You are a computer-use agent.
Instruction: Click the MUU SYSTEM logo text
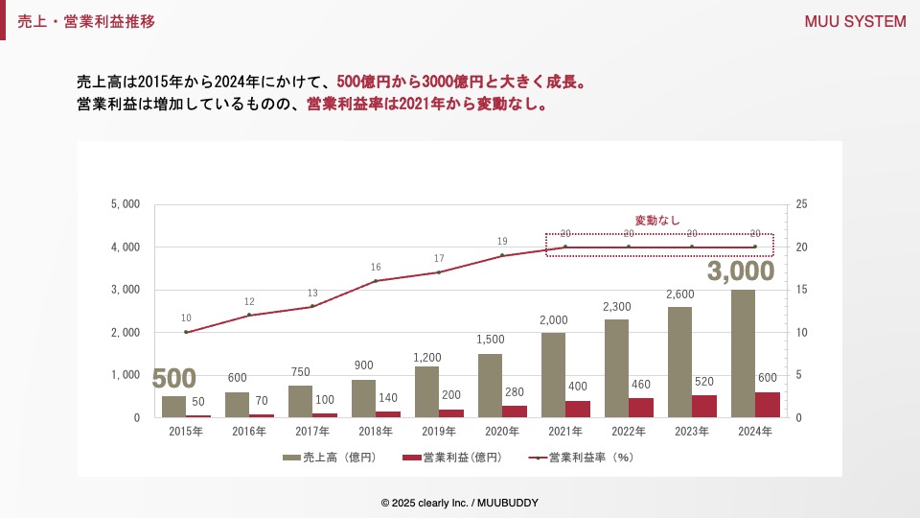click(x=855, y=22)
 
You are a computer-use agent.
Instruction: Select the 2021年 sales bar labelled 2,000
click(x=553, y=375)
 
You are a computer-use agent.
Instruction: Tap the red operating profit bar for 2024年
click(x=768, y=405)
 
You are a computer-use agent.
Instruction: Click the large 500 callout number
click(x=173, y=378)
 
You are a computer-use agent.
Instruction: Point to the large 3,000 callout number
click(x=740, y=271)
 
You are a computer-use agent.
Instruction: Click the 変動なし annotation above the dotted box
click(x=657, y=221)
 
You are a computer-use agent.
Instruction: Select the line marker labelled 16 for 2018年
click(x=376, y=281)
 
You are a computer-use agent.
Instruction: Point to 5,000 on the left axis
click(x=126, y=204)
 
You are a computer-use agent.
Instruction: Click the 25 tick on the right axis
click(x=801, y=204)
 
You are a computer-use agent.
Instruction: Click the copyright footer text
click(x=459, y=503)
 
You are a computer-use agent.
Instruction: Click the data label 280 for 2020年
click(x=515, y=391)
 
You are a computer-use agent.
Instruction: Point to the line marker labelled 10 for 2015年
click(x=186, y=332)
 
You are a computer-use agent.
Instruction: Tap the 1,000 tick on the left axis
click(x=126, y=375)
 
